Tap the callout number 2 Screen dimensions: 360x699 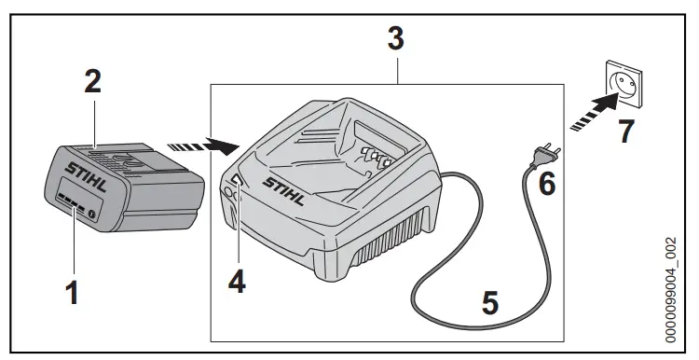[x=91, y=82]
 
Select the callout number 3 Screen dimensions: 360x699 [x=395, y=38]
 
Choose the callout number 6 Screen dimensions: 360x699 [x=547, y=183]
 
